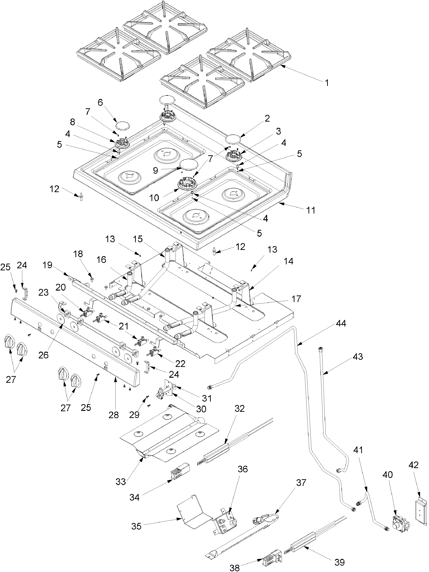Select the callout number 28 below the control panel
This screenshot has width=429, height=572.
point(114,415)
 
